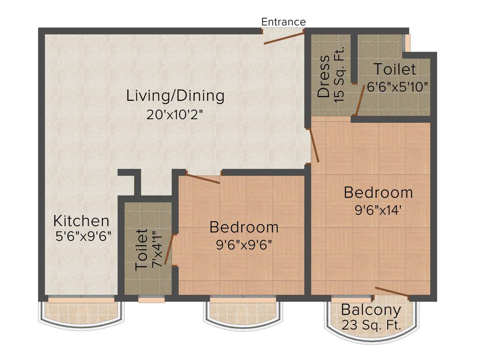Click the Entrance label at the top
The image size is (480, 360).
283,22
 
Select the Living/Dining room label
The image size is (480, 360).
175,96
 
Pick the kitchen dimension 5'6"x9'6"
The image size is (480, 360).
83,235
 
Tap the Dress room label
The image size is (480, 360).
323,77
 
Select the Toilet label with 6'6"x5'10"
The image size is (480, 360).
394,69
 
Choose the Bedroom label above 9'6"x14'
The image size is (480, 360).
378,192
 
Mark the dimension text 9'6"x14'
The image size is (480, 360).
378,210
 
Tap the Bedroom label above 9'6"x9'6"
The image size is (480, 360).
244,227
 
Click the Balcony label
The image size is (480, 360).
371,310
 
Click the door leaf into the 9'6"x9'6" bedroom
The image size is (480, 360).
202,178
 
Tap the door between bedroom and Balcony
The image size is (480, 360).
393,292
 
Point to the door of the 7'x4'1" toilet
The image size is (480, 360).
169,250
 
